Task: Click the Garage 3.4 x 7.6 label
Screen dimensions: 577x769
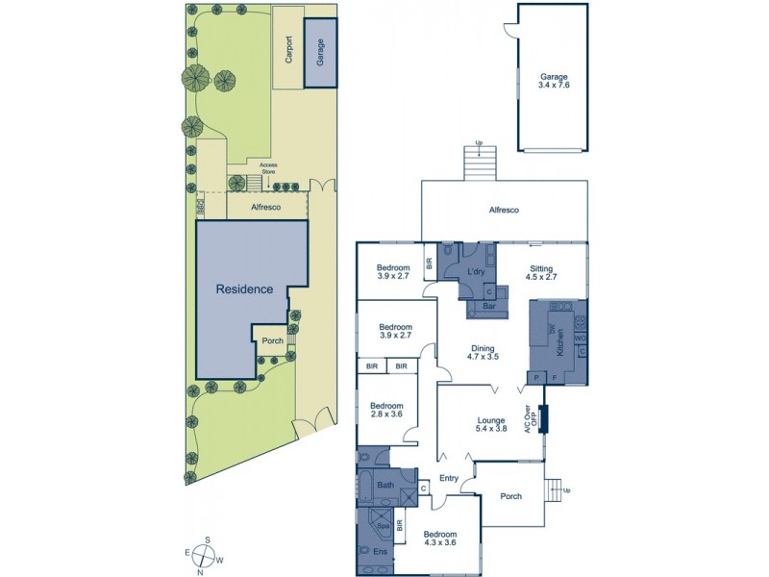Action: point(555,80)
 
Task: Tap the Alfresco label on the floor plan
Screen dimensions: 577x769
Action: point(504,209)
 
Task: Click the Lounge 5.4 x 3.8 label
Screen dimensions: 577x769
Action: point(491,424)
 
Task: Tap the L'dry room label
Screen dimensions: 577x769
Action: point(475,274)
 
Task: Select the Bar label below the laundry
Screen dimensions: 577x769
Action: point(489,307)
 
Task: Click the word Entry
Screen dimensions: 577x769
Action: point(449,478)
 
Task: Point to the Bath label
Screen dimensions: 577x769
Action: point(385,486)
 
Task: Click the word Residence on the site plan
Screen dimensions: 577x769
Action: point(244,288)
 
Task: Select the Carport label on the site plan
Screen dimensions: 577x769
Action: point(288,50)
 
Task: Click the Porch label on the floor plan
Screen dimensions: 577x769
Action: point(510,496)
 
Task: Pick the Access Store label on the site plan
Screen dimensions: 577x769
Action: point(268,169)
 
